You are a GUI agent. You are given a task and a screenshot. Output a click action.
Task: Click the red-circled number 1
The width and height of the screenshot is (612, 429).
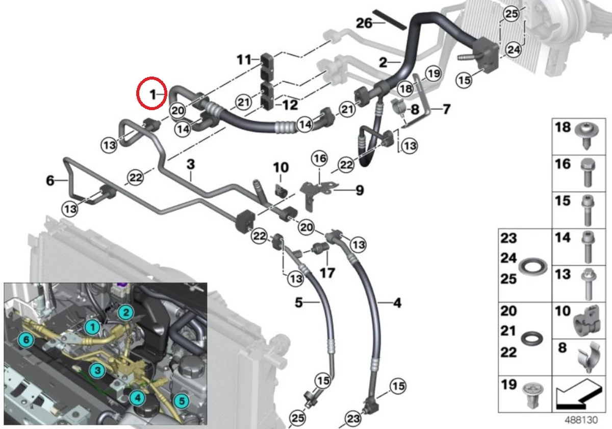151,93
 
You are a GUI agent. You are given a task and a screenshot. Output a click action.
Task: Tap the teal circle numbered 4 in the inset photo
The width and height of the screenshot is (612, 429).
136,397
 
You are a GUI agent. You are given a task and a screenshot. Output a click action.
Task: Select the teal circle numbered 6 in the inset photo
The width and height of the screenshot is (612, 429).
24,339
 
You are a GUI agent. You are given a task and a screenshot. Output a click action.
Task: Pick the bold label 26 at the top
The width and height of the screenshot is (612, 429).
364,23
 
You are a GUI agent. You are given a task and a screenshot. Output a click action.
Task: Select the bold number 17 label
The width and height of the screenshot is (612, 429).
327,273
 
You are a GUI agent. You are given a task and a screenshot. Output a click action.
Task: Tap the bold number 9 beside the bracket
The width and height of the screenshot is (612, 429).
360,191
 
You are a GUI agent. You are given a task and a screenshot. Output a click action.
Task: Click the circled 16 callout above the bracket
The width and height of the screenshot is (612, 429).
319,159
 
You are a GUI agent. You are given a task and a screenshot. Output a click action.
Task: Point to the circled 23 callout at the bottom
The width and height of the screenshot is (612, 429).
352,419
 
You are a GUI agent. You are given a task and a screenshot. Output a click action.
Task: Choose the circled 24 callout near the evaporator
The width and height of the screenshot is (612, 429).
513,50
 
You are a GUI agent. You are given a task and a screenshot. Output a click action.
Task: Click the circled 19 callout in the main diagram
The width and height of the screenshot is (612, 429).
433,74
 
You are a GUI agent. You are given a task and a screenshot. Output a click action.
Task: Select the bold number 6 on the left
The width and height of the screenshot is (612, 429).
50,180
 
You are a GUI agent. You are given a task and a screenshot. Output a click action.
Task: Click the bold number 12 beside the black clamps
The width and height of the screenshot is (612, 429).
290,105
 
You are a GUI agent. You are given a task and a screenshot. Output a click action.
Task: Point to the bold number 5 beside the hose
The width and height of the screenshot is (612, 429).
299,303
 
